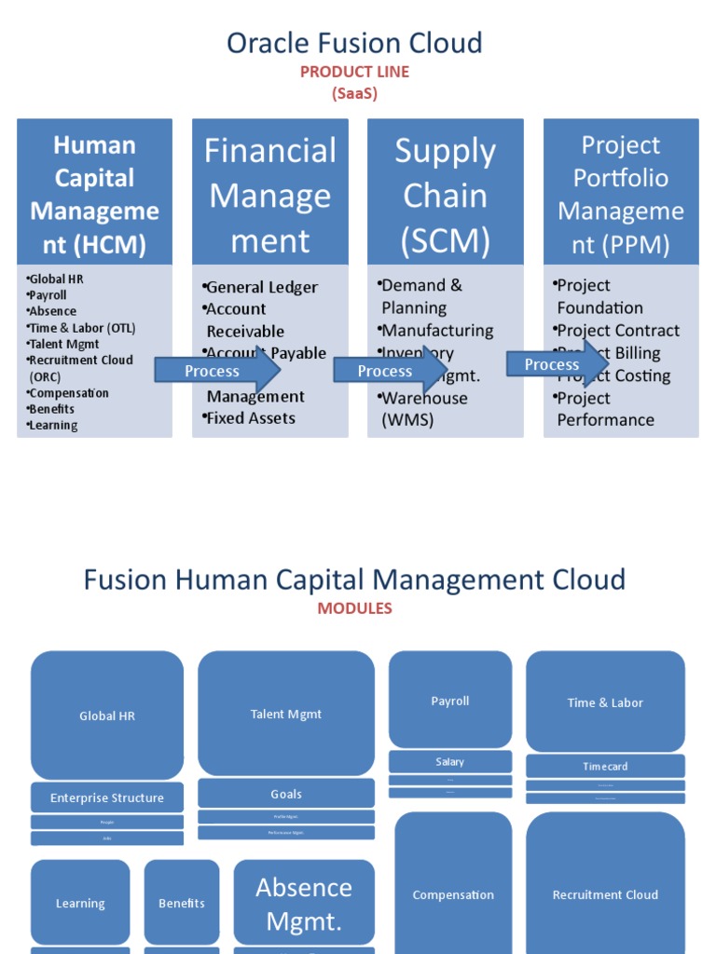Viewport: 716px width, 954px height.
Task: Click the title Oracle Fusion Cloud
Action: click(x=354, y=43)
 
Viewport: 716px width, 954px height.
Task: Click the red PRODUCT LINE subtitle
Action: click(x=354, y=72)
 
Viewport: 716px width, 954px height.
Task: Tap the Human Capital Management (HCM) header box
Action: click(x=94, y=194)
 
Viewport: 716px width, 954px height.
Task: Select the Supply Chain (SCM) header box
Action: click(x=445, y=194)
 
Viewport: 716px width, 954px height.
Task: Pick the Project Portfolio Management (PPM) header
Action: click(x=621, y=194)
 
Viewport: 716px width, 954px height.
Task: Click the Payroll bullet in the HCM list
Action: click(x=48, y=295)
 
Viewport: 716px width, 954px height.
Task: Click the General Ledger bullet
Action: click(x=261, y=287)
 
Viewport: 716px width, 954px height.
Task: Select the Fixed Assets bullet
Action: click(x=250, y=418)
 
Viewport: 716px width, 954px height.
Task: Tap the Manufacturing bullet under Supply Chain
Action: click(x=436, y=331)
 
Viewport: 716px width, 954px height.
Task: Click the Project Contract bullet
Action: click(x=618, y=331)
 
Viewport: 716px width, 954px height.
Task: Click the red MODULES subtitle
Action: click(x=354, y=608)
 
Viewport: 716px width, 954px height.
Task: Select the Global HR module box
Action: click(x=107, y=715)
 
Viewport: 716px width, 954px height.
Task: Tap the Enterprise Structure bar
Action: click(x=107, y=797)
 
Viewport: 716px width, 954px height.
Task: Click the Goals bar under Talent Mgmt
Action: click(x=286, y=794)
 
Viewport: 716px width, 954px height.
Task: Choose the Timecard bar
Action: click(x=605, y=767)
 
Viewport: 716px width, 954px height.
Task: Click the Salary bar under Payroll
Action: click(x=449, y=762)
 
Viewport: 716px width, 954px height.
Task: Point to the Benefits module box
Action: click(x=182, y=902)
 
